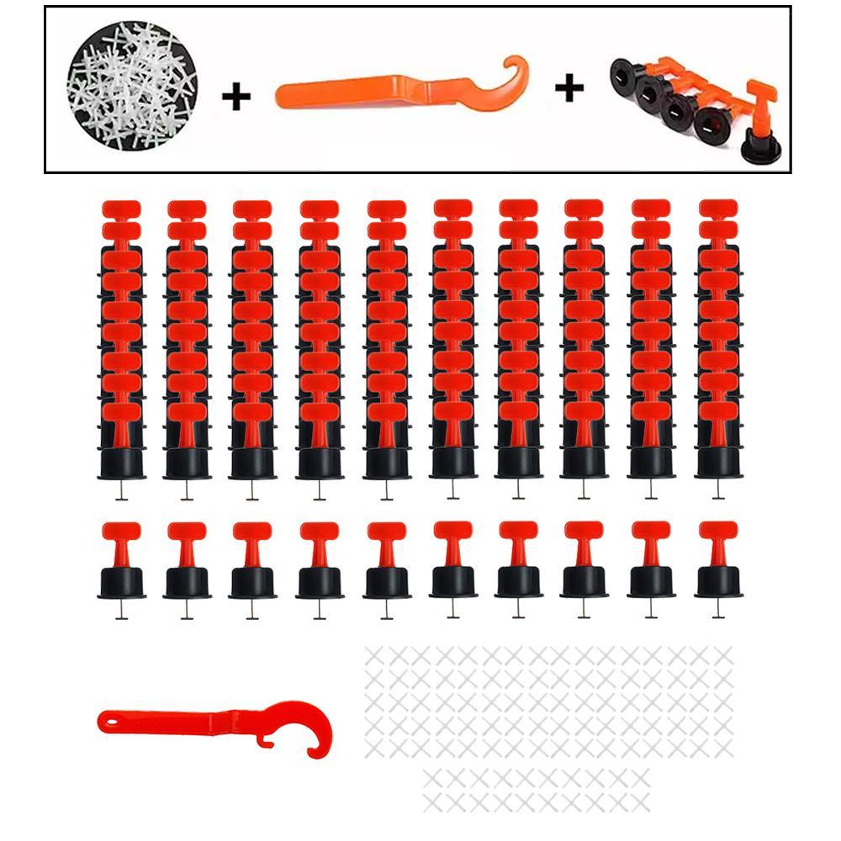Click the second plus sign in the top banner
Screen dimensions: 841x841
(569, 88)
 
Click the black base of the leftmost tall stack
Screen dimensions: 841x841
(121, 463)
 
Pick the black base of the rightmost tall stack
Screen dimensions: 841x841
(718, 463)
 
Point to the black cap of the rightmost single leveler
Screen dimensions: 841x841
(718, 582)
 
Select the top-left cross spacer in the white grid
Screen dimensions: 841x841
(375, 656)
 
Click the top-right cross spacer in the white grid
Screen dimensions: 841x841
(722, 656)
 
